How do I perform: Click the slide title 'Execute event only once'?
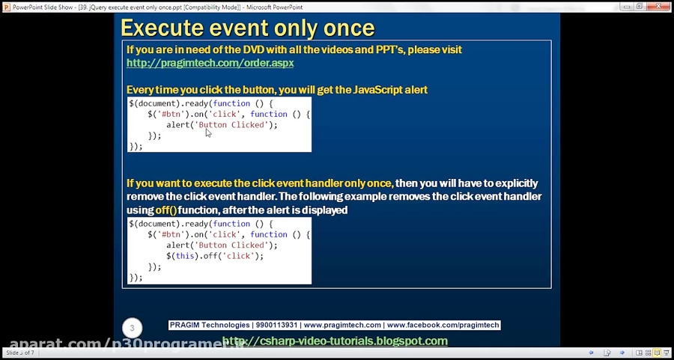click(247, 28)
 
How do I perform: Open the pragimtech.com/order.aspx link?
click(210, 63)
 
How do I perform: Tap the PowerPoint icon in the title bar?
click(7, 6)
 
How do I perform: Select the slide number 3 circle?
click(132, 328)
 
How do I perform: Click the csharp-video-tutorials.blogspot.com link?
click(335, 341)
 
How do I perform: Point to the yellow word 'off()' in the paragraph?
click(166, 210)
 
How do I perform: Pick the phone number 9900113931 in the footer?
click(276, 326)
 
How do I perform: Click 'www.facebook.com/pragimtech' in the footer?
click(443, 326)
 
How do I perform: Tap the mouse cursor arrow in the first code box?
click(207, 132)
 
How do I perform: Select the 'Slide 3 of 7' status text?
click(20, 353)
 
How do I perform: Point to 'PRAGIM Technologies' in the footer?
click(210, 326)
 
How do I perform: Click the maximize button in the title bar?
click(639, 6)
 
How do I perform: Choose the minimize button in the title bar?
click(622, 6)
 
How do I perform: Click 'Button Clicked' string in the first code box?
click(233, 125)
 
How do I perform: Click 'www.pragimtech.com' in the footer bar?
click(343, 326)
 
